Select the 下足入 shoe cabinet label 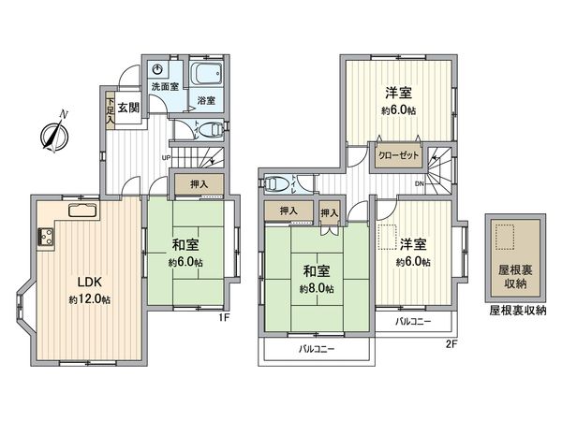coord(110,109)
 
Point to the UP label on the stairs coord(167,158)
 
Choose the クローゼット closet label coord(400,156)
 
